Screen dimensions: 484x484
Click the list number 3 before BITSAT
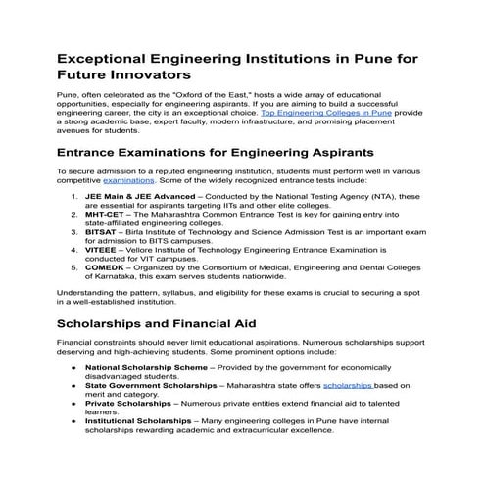coord(76,231)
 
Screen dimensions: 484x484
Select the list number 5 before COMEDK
coord(76,266)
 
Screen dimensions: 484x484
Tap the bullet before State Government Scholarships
coord(73,386)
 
